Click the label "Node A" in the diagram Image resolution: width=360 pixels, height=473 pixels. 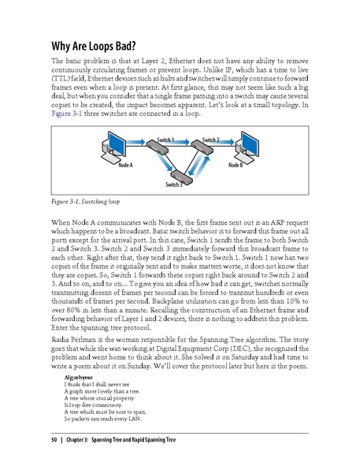pos(124,166)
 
